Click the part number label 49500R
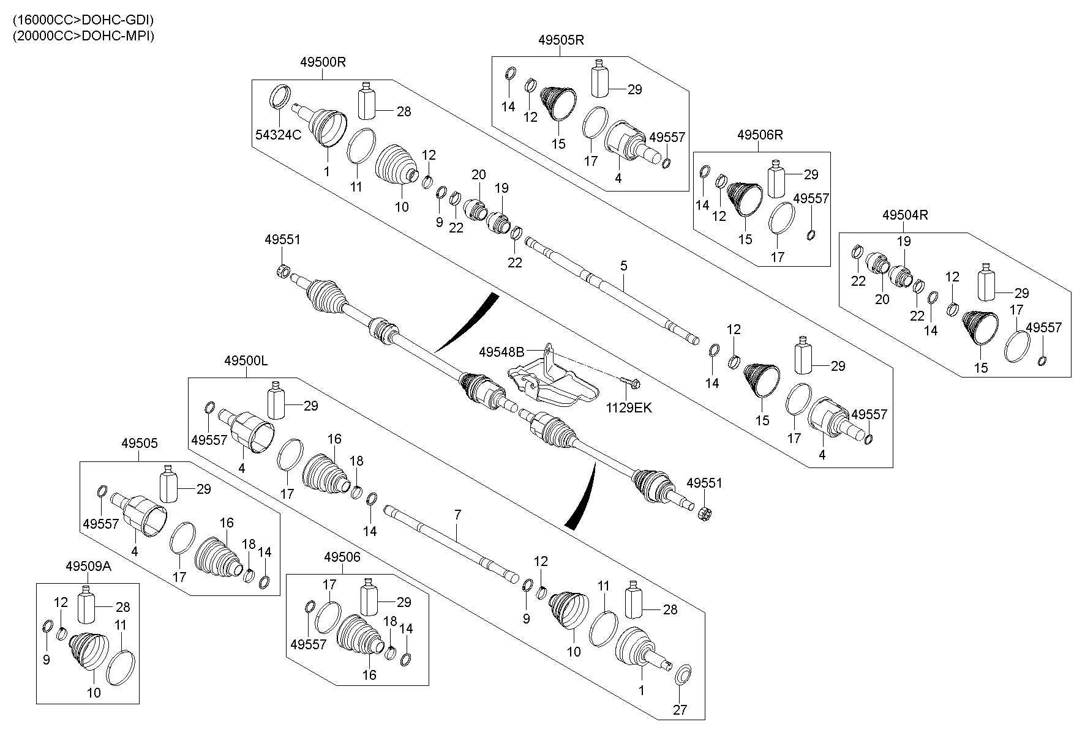pos(323,62)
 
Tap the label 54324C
pos(279,136)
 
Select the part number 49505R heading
pos(561,40)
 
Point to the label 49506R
pos(760,135)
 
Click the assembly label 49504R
pos(905,215)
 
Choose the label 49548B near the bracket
pos(501,352)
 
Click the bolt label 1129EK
pos(629,408)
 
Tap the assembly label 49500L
pos(246,361)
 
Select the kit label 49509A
pos(88,567)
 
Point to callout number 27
pos(680,710)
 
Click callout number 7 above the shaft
pos(457,515)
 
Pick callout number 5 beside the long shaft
pos(623,266)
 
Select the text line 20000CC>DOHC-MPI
pos(83,35)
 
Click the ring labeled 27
pos(683,675)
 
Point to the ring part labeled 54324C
pos(281,95)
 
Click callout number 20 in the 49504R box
pos(882,299)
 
